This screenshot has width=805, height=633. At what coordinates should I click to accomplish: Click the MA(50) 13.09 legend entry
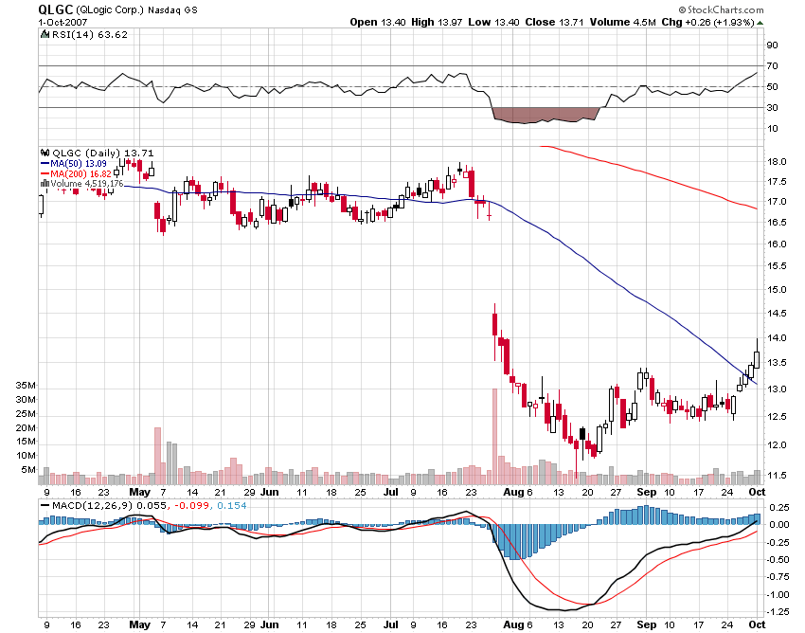pyautogui.click(x=79, y=163)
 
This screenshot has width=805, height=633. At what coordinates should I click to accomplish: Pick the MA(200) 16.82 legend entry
pyautogui.click(x=81, y=173)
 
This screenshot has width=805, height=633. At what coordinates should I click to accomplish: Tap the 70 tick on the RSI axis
pyautogui.click(x=772, y=66)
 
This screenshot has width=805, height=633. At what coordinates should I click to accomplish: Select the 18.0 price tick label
pyautogui.click(x=776, y=161)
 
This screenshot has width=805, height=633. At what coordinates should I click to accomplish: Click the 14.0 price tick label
pyautogui.click(x=776, y=338)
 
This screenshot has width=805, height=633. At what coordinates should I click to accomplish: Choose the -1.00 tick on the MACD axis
pyautogui.click(x=778, y=594)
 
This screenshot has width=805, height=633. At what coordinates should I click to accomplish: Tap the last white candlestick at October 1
pyautogui.click(x=757, y=360)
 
